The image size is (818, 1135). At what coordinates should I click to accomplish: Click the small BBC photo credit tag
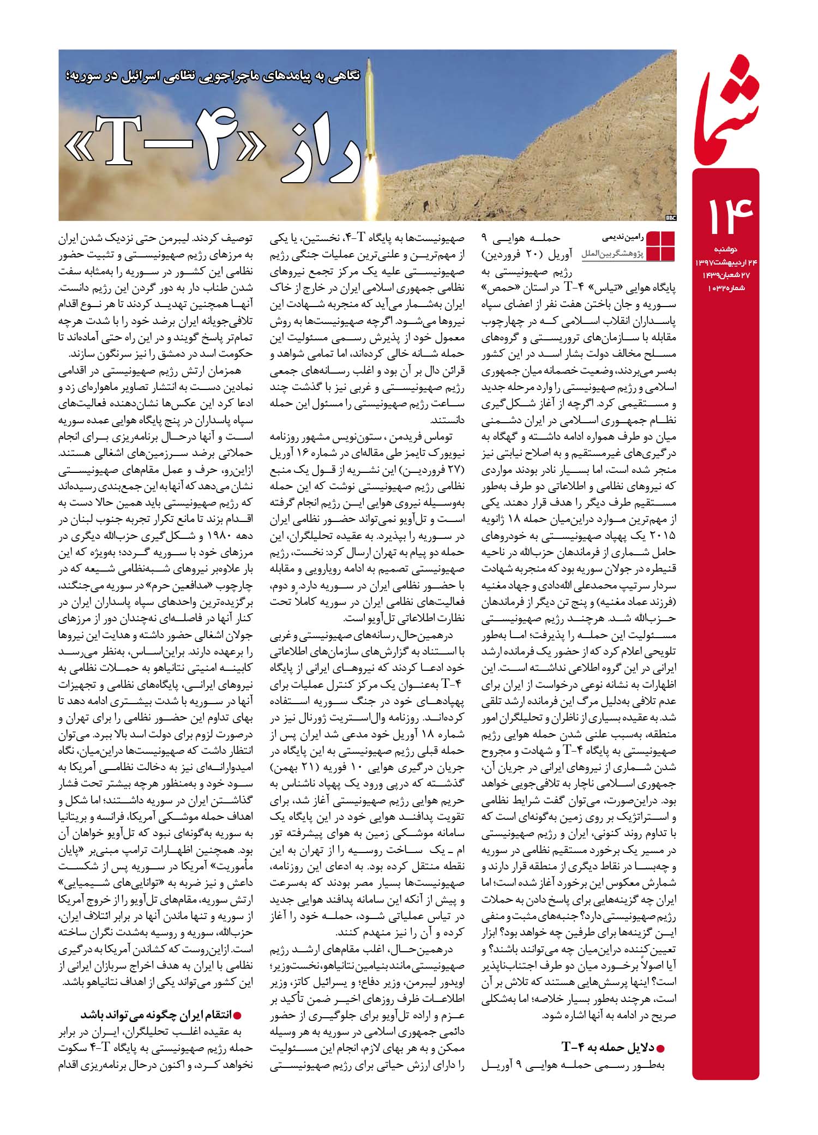pos(670,218)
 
